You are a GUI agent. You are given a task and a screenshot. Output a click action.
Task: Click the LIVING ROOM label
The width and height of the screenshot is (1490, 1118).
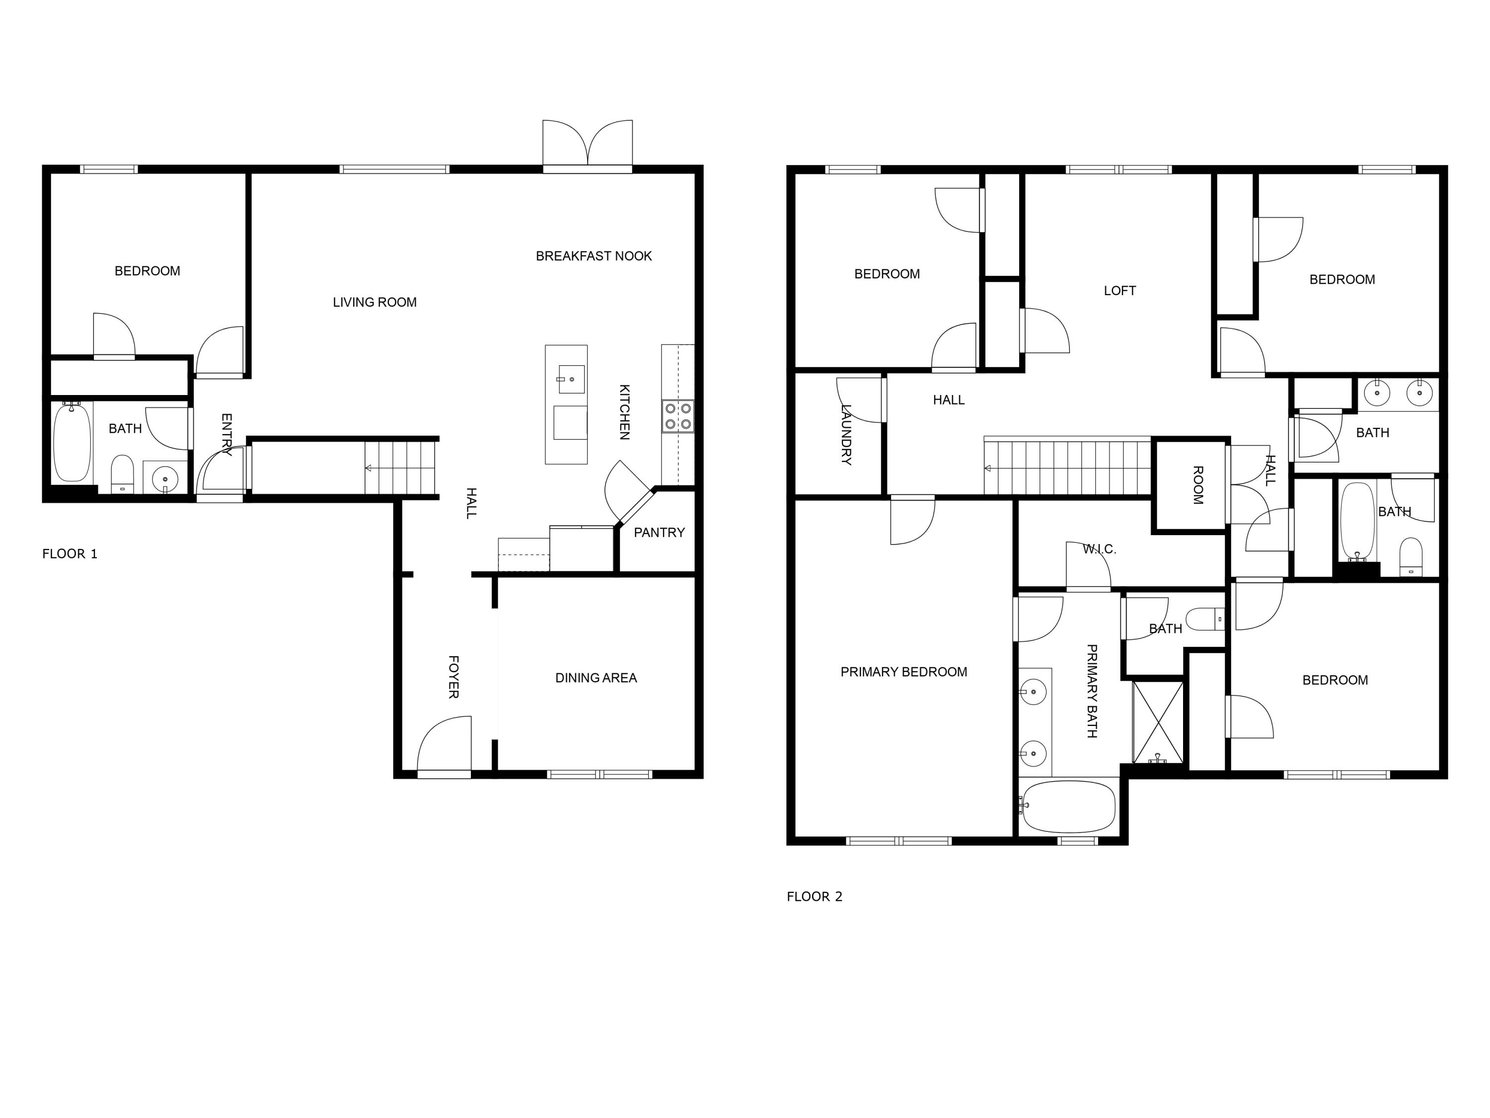[374, 303]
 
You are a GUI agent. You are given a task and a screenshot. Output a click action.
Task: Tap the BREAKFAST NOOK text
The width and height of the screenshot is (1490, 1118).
[594, 256]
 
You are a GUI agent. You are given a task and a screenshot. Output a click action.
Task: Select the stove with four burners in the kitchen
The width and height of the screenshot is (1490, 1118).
[677, 416]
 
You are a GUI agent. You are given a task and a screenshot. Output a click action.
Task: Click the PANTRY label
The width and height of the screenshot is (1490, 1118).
[659, 532]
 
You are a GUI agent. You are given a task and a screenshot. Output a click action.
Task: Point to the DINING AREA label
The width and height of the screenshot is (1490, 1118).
[596, 678]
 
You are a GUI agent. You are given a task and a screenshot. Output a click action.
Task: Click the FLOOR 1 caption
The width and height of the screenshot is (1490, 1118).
[70, 554]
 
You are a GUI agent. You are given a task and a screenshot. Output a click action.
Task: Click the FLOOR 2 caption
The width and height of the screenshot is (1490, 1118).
[815, 896]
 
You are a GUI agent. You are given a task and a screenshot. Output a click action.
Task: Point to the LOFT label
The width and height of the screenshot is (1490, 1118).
[1119, 291]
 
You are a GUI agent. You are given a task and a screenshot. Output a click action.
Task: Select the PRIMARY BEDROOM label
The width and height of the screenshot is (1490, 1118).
[903, 672]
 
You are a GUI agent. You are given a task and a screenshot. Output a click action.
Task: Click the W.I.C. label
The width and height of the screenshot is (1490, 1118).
[1099, 549]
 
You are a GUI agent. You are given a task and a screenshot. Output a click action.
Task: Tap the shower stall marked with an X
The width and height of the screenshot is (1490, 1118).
[1158, 722]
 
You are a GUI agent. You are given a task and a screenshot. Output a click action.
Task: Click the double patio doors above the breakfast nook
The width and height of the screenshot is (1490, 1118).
[588, 145]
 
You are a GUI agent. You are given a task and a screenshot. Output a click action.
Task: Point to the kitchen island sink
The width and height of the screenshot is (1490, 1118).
[571, 379]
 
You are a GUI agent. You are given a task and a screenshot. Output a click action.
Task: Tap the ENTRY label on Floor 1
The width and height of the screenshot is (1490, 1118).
[226, 435]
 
